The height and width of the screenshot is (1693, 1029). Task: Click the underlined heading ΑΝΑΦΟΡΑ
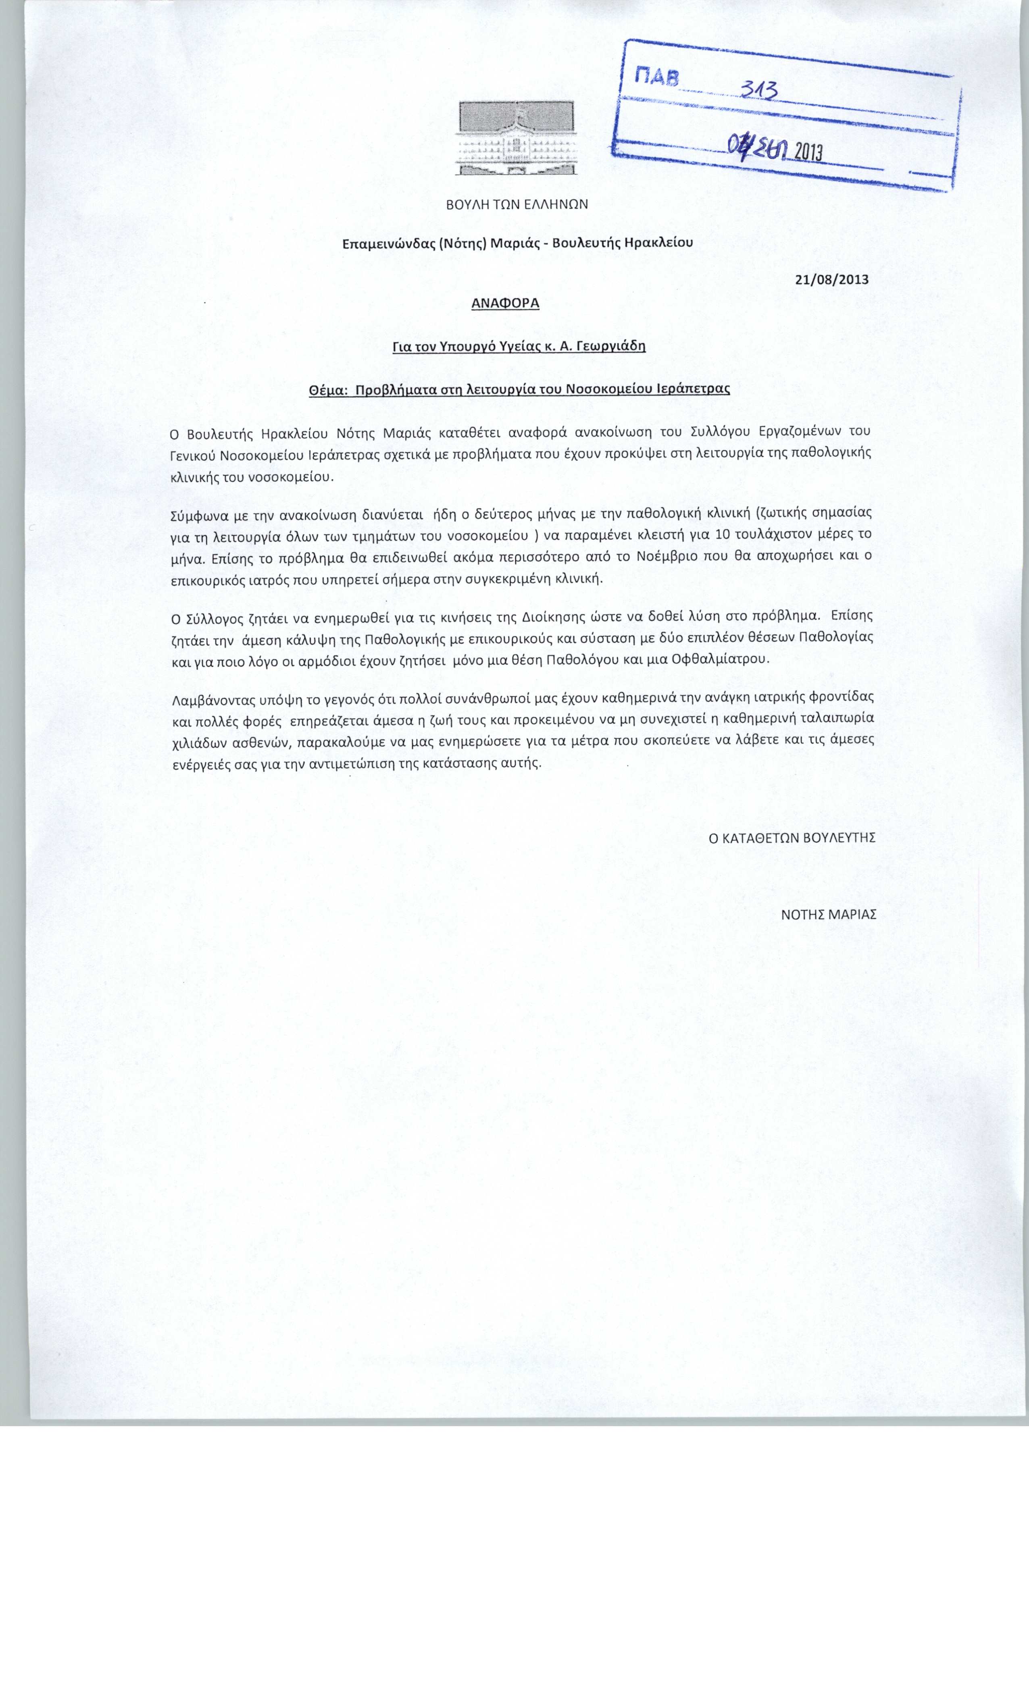click(505, 303)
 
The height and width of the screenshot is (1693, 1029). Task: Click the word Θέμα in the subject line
click(327, 389)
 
